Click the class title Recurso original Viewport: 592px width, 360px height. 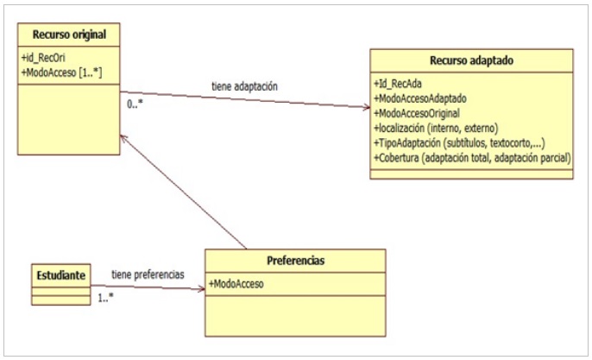(x=69, y=35)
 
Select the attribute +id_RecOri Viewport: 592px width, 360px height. (x=43, y=58)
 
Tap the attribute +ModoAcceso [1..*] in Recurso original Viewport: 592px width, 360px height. (x=61, y=73)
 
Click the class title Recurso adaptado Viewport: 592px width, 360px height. (x=471, y=60)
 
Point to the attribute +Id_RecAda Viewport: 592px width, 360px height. (x=398, y=84)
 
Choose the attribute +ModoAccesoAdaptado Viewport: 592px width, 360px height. (x=419, y=98)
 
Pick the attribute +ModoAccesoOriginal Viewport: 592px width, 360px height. (x=417, y=113)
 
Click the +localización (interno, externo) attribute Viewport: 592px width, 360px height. (x=436, y=128)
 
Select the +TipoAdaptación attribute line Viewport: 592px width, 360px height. (x=459, y=142)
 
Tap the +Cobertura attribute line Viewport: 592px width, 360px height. (x=472, y=158)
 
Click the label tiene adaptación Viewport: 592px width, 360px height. (x=244, y=86)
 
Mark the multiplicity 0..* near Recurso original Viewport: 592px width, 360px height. (x=135, y=104)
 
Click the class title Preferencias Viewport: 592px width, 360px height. (x=296, y=261)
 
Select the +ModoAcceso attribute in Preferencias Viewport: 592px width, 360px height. (x=236, y=284)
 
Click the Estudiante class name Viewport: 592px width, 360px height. (x=60, y=275)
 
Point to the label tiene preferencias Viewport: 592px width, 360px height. (x=148, y=275)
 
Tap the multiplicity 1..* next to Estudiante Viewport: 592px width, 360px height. (x=105, y=298)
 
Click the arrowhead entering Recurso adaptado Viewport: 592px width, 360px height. (x=366, y=108)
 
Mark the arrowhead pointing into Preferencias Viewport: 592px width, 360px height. (x=202, y=290)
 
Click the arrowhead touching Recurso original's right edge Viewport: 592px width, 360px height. (x=123, y=138)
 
